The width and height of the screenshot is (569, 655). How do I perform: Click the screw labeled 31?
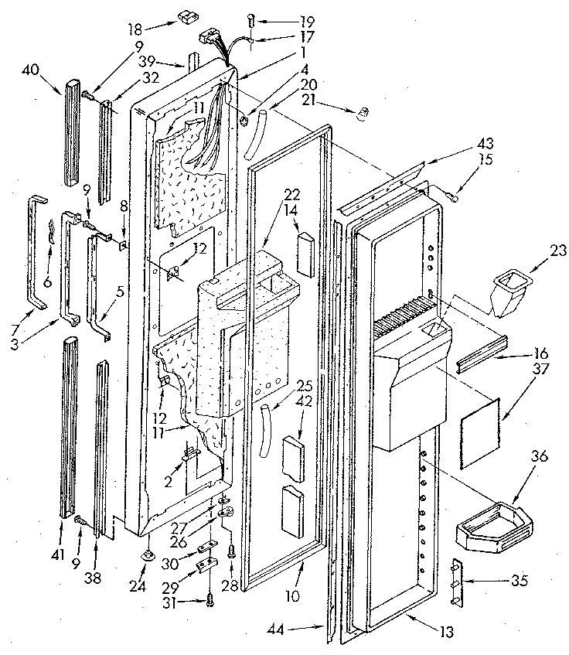coord(210,599)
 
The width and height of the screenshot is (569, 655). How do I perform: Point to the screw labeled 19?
coord(251,19)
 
